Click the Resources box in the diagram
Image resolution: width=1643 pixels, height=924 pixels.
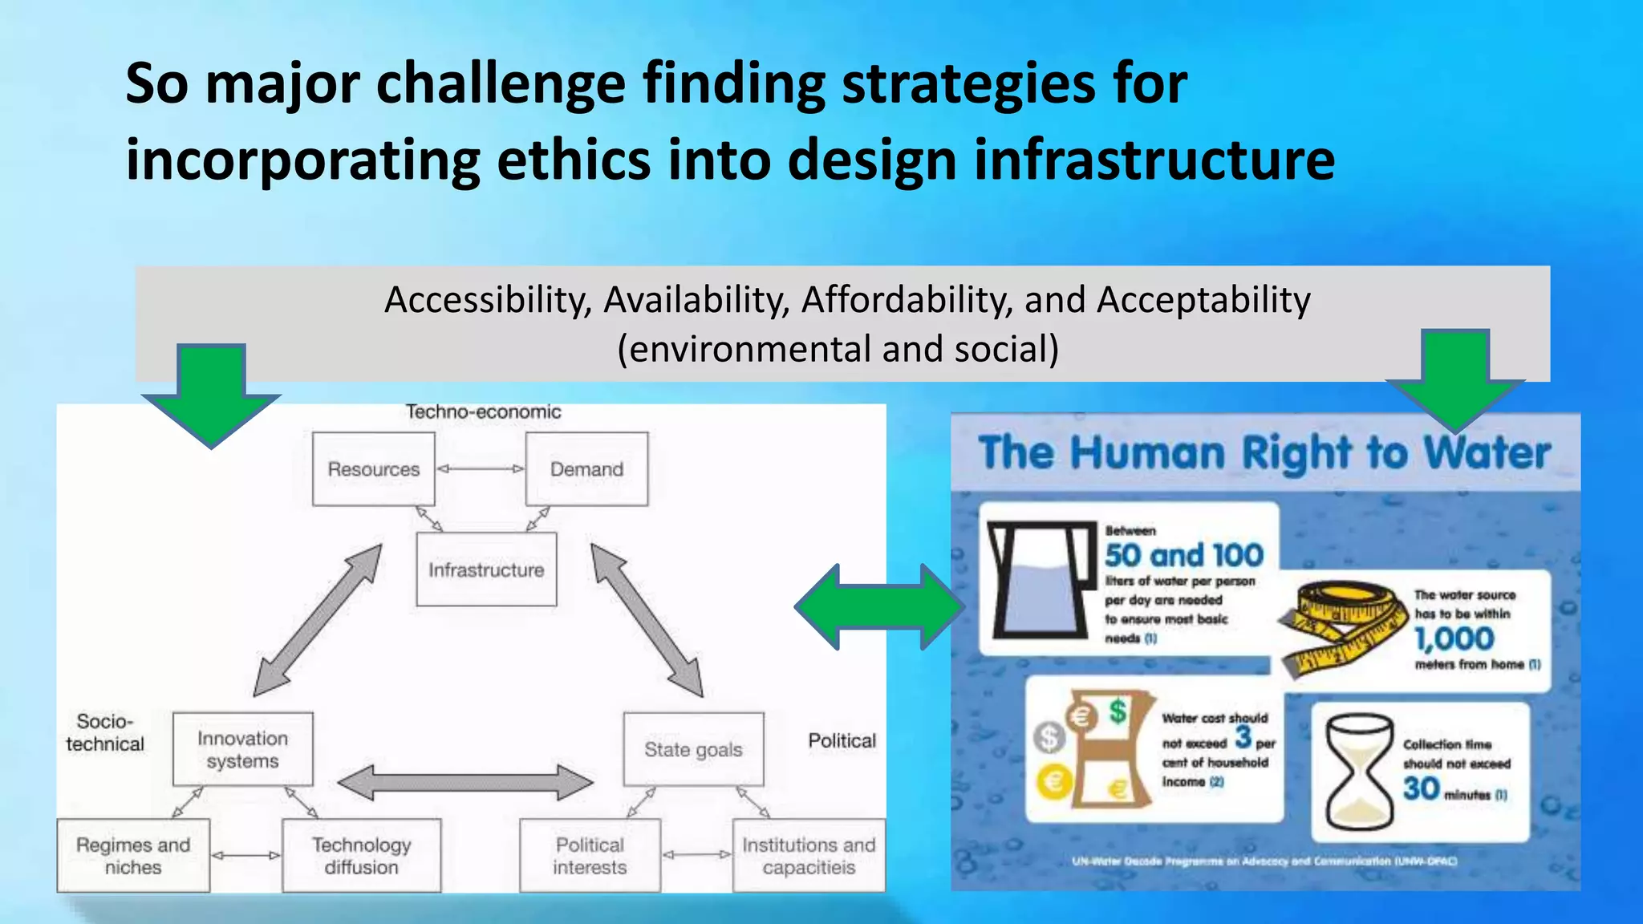point(374,469)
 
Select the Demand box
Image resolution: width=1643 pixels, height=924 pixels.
point(586,469)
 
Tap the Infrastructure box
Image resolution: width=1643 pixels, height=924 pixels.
point(486,569)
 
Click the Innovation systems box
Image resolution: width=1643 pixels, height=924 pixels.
point(242,749)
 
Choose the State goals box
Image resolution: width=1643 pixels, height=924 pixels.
point(693,749)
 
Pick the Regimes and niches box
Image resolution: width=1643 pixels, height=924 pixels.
point(133,856)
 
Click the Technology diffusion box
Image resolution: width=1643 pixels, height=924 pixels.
point(361,856)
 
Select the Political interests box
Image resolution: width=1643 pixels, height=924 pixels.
point(590,856)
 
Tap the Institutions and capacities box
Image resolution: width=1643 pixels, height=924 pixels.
point(809,856)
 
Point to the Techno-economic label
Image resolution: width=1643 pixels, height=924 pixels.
point(483,411)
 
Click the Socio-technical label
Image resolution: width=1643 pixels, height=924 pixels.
point(104,732)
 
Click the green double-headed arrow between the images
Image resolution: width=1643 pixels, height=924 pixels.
point(879,606)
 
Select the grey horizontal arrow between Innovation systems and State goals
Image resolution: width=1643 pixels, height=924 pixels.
point(465,782)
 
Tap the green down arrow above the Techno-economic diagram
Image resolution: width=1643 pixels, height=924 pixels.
point(211,393)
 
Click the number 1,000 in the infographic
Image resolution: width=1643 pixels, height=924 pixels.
point(1454,639)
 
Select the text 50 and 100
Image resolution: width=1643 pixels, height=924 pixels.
point(1183,555)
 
